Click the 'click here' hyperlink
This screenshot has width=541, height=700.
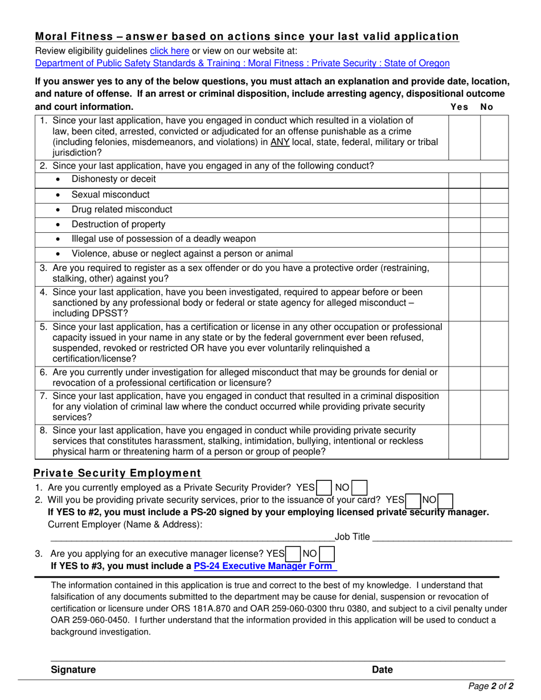click(169, 51)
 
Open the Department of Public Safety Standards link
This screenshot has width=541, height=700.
click(242, 63)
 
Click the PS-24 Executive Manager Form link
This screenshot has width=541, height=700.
click(265, 566)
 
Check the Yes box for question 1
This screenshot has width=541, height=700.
click(464, 137)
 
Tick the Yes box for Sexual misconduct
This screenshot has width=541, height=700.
click(464, 195)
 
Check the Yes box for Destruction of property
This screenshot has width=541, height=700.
click(464, 224)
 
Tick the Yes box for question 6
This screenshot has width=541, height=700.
click(464, 377)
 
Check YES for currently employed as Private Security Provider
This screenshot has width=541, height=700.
click(323, 488)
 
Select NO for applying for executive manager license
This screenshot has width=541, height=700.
click(327, 553)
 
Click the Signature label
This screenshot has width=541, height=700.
click(73, 670)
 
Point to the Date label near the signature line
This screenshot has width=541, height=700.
click(382, 670)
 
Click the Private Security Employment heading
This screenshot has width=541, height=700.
click(117, 473)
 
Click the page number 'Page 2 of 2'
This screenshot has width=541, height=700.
click(490, 686)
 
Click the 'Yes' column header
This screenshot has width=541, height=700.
click(459, 107)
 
